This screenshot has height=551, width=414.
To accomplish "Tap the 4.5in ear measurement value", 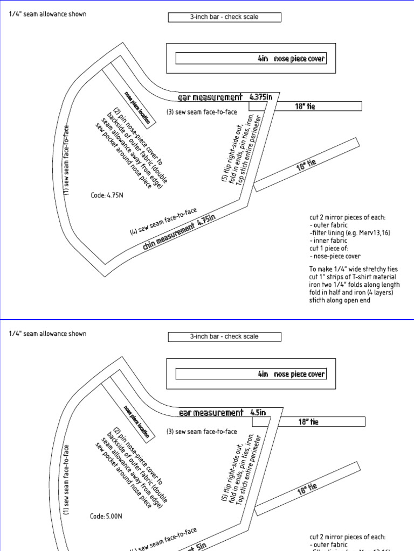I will (x=258, y=413).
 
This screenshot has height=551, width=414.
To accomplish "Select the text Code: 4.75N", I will (x=107, y=195).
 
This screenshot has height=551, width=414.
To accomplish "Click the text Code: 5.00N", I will (x=106, y=517).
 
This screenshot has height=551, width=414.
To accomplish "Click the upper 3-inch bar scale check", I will (x=224, y=17).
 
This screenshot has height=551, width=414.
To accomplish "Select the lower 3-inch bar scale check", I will (x=224, y=337).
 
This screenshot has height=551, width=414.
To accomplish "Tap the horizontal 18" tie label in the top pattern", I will (x=305, y=107).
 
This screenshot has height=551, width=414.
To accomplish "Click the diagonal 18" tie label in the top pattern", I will (x=306, y=165).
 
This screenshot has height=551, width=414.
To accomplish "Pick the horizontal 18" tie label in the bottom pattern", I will (x=308, y=422).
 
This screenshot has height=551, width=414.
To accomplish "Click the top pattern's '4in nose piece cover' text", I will (x=291, y=58).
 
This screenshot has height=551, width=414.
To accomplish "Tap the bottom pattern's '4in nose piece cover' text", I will (x=291, y=374).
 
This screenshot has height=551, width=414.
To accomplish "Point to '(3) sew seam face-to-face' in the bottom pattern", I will (x=202, y=432).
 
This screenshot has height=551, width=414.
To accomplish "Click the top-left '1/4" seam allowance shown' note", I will (x=47, y=14).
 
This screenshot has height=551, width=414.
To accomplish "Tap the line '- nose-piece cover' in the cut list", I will (x=335, y=256).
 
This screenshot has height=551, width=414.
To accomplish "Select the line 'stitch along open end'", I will (x=340, y=300).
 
